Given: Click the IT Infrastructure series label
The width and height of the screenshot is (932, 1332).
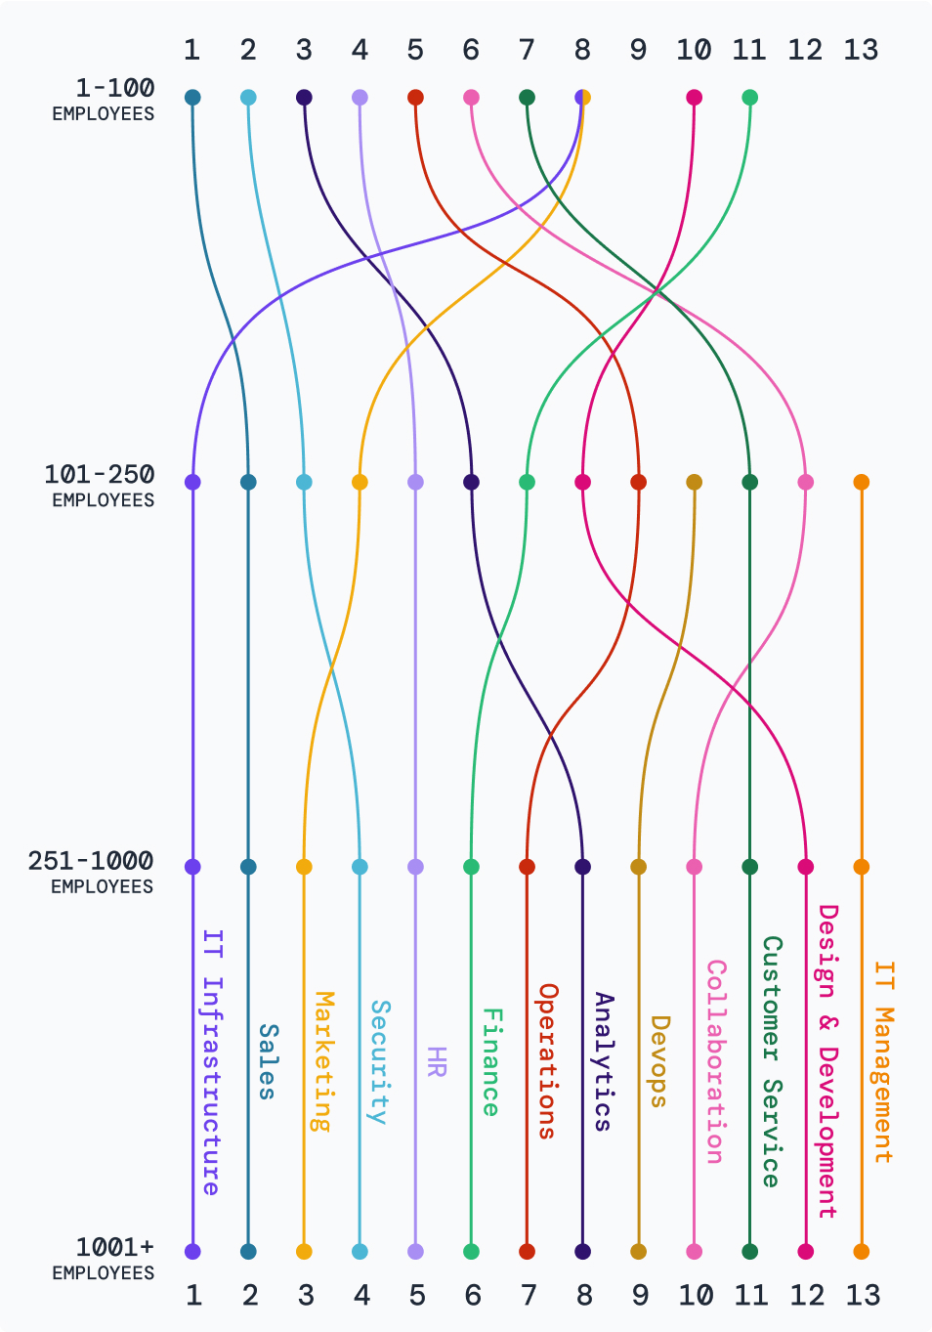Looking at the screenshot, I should pos(212,1061).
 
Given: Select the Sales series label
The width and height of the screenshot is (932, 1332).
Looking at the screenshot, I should pos(268,1061).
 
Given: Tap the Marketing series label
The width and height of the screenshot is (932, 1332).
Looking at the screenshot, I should pos(323,1061).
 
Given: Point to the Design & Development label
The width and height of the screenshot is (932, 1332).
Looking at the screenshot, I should pos(826,1061).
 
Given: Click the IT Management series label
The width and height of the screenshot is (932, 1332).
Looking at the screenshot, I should pos(882,1061).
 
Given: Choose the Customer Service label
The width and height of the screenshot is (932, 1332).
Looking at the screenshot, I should pos(771,1061).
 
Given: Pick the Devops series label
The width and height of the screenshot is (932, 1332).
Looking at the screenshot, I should pos(659,1061).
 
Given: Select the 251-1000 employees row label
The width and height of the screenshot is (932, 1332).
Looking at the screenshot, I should pos(92,872).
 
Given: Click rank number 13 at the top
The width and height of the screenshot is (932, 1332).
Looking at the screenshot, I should pos(861,50).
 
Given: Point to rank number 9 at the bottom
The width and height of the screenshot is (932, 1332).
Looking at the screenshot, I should pos(640,1295).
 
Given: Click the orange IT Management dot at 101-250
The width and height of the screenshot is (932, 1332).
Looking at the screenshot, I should pos(861,482).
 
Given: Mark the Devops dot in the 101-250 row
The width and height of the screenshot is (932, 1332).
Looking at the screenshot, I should pos(694,482).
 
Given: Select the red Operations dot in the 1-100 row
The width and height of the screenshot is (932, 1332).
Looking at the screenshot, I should pos(415,98).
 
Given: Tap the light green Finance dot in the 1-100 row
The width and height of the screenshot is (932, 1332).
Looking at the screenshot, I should pos(749,98).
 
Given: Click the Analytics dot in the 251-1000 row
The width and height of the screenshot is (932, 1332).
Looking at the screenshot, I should pos(582,867).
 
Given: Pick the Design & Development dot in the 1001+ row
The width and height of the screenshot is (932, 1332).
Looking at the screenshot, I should pos(805,1251).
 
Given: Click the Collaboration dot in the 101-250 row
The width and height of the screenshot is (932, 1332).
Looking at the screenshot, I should pos(805,482).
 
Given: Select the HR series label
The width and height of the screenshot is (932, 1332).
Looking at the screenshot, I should pos(436,1061).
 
